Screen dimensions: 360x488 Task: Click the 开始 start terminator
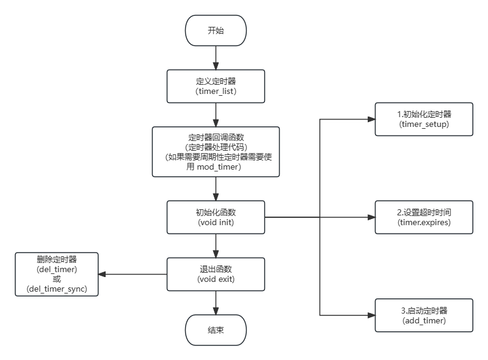click(216, 31)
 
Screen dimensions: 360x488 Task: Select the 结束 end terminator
click(216, 330)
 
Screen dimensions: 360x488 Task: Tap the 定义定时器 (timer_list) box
click(216, 85)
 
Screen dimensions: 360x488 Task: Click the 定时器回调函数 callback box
click(216, 152)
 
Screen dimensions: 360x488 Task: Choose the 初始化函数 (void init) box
click(216, 217)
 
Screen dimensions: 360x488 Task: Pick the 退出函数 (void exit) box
click(216, 273)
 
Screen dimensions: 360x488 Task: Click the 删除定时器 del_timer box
click(57, 274)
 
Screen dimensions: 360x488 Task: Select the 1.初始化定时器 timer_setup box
click(423, 118)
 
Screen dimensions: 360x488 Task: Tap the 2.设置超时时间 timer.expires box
click(423, 217)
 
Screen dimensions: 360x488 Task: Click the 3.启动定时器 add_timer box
click(423, 315)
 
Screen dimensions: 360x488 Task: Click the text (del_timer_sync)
click(57, 289)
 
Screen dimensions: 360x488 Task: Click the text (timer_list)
click(216, 91)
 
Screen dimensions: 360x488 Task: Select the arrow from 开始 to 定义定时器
click(216, 57)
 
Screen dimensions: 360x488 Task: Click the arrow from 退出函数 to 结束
click(216, 302)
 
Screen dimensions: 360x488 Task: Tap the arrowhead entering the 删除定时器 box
click(103, 274)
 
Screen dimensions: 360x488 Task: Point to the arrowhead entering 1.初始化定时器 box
click(370, 118)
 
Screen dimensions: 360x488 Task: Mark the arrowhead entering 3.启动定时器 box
click(370, 315)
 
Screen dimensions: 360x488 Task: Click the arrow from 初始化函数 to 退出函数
click(216, 245)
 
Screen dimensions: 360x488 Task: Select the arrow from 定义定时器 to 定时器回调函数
click(216, 114)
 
